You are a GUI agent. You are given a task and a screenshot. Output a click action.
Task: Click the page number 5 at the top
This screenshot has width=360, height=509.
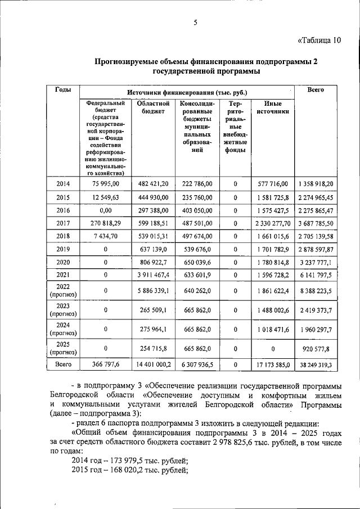[196, 22]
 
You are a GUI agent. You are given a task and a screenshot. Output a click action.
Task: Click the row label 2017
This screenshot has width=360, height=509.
[63, 223]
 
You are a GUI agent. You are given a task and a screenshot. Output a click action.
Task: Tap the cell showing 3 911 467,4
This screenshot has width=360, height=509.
[150, 275]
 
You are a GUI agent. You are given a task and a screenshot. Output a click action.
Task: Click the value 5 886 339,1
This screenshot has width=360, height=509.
[150, 291]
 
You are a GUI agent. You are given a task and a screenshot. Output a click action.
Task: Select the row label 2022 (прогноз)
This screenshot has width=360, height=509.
[63, 291]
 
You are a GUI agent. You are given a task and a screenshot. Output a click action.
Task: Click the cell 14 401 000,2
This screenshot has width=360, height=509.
[150, 365]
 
